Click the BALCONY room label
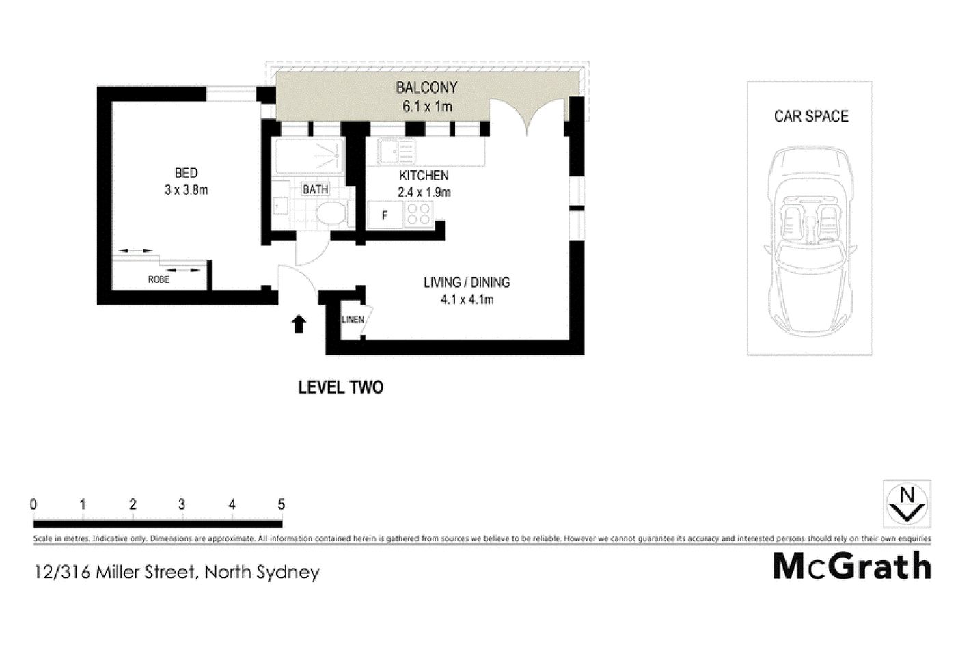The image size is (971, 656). (426, 87)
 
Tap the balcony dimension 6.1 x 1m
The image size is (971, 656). (426, 107)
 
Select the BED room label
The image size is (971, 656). (186, 173)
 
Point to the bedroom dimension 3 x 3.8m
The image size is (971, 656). (186, 190)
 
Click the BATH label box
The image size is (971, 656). (316, 189)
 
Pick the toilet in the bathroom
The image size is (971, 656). (332, 213)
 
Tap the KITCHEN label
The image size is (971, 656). (424, 176)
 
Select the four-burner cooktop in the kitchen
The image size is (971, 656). (418, 215)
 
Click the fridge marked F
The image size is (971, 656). (385, 215)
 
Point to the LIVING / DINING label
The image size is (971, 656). (467, 282)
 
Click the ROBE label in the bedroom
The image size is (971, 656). (159, 279)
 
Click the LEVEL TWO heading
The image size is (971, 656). (340, 387)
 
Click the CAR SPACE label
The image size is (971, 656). (811, 116)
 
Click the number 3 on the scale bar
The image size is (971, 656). (182, 505)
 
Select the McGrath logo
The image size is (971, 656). (851, 566)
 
